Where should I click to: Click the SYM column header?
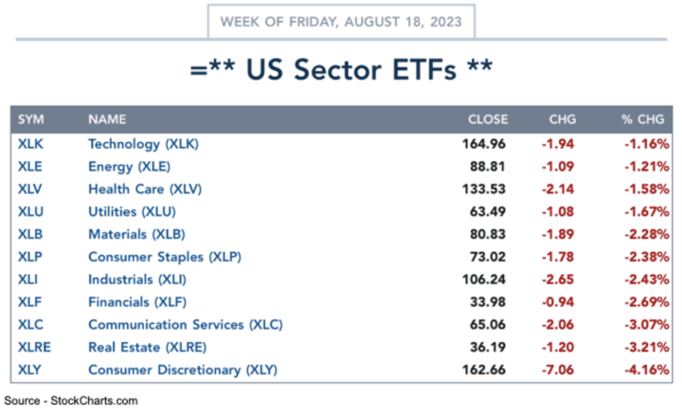click(31, 120)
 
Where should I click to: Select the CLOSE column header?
click(488, 120)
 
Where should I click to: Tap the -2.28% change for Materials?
click(646, 234)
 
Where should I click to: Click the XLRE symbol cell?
click(34, 347)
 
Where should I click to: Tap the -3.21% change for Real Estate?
click(646, 347)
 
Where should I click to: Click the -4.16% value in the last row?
click(646, 370)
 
